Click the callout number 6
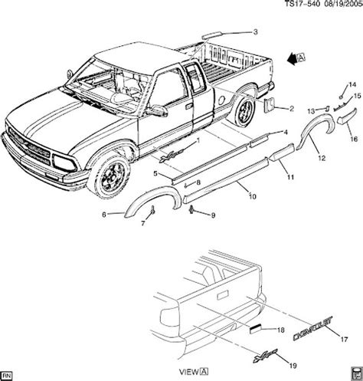tap(105, 215)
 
